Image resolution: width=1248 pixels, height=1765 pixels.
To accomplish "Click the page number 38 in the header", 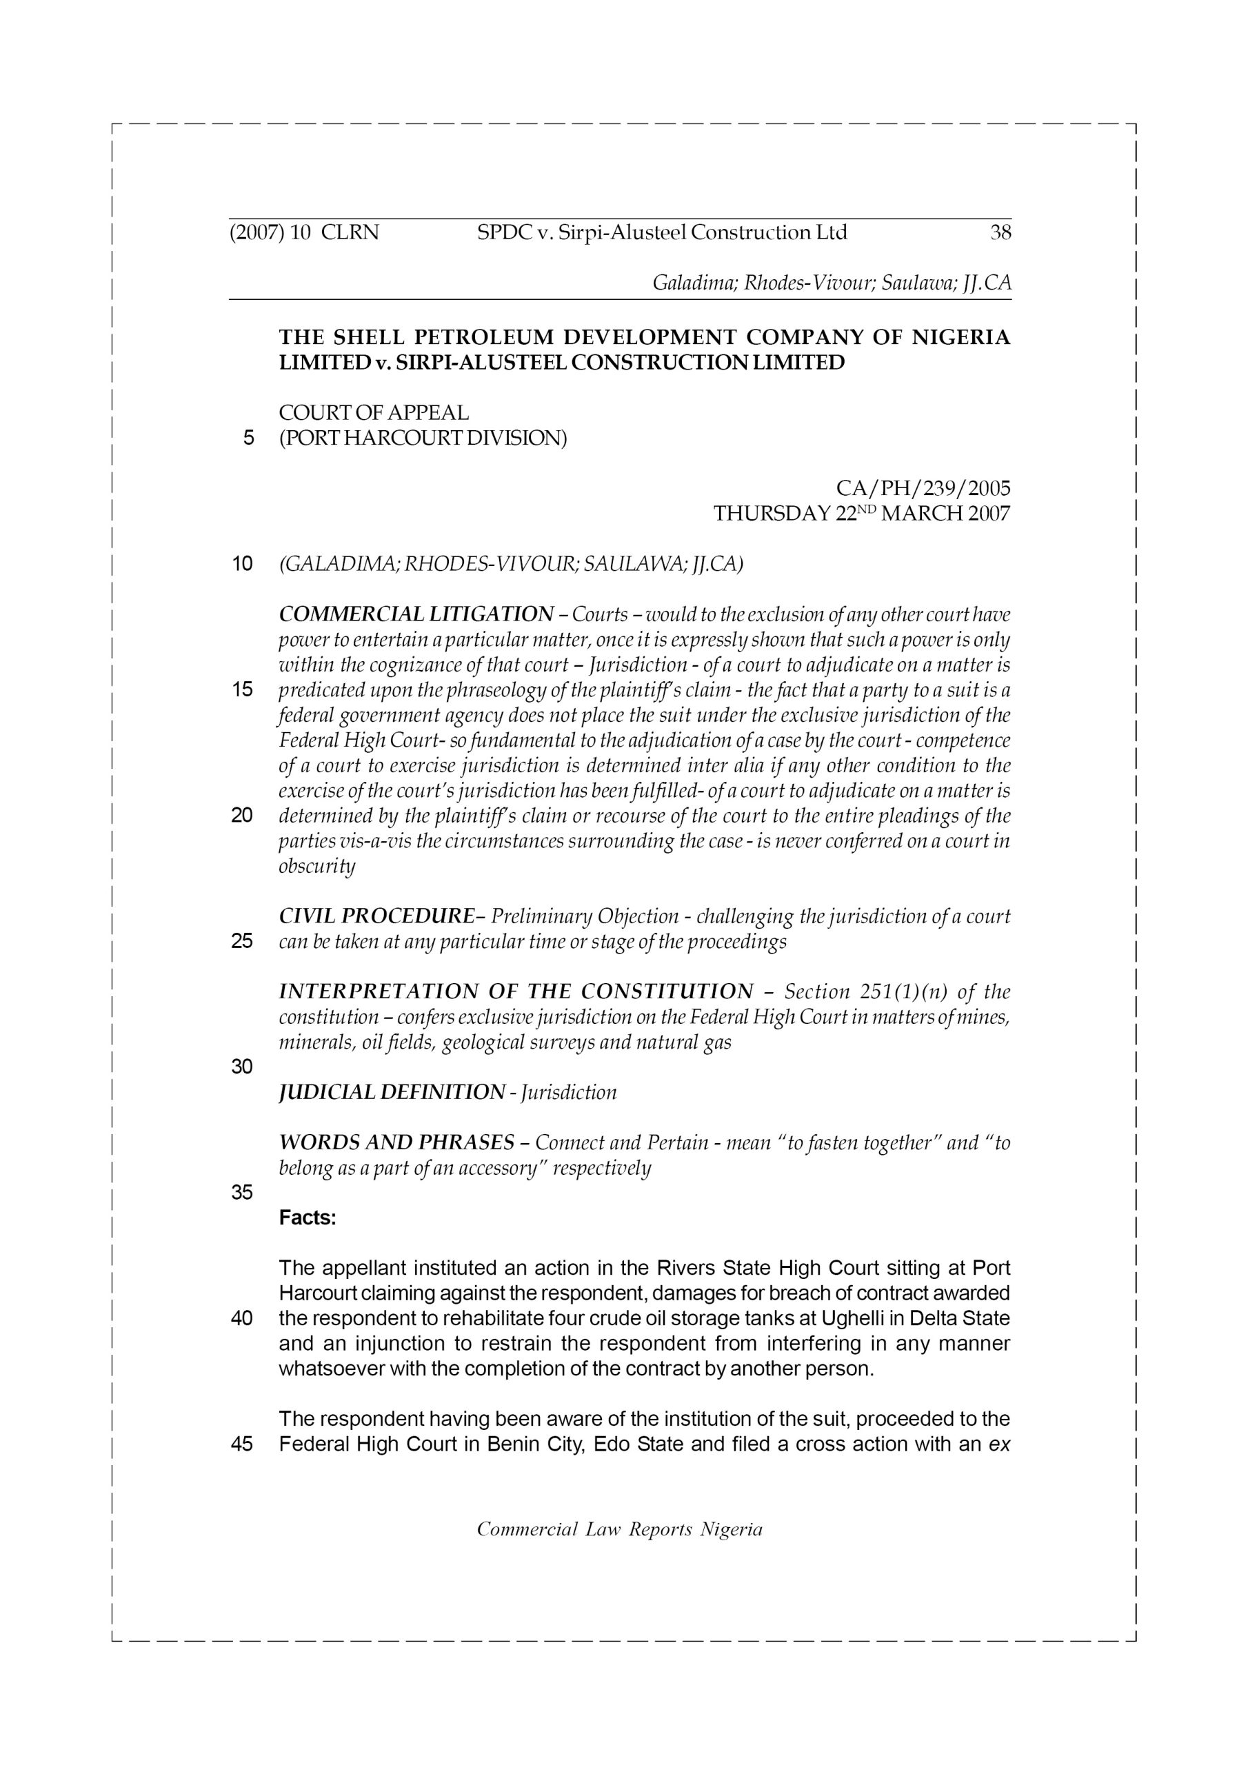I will [x=1000, y=232].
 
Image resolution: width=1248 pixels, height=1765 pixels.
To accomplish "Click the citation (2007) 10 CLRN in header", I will [x=305, y=232].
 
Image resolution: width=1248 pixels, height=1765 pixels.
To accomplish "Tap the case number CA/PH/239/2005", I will [x=923, y=488].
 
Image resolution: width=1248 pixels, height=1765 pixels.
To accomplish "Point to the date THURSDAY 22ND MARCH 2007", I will [x=861, y=513].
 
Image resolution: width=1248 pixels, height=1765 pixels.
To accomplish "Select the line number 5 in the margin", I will [x=248, y=438].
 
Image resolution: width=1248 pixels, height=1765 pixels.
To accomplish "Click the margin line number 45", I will [x=241, y=1444].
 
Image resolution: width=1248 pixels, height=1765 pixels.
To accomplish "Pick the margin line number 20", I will [x=241, y=815].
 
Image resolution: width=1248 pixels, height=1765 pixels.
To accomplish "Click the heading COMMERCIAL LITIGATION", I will [x=415, y=614].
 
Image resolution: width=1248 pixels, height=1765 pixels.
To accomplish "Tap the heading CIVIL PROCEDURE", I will [x=376, y=916].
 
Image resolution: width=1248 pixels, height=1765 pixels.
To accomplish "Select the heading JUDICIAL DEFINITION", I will [x=392, y=1091].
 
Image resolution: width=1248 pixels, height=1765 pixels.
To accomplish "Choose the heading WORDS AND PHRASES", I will [x=396, y=1142].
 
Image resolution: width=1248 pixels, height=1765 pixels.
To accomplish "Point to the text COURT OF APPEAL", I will [x=374, y=413].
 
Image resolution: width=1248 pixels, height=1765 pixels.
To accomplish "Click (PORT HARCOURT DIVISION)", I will [x=422, y=438].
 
